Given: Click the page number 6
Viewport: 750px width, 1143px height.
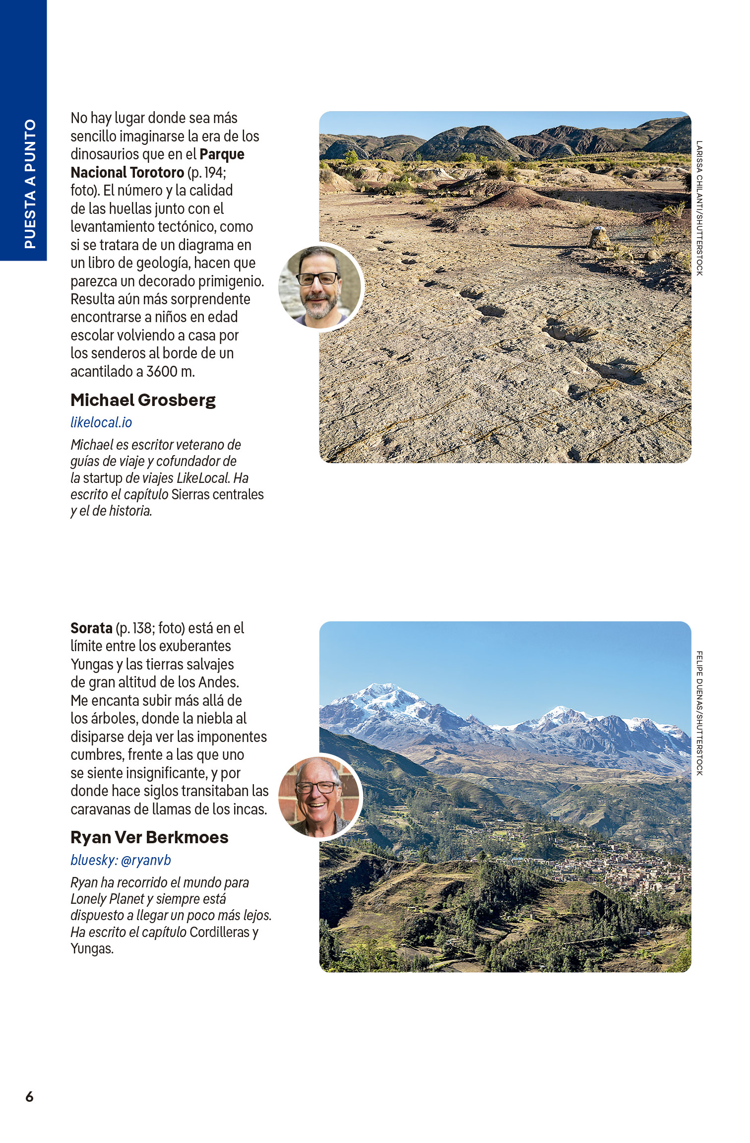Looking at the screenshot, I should (29, 1096).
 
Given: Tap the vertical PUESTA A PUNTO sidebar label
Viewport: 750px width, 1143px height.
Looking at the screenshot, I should (30, 184).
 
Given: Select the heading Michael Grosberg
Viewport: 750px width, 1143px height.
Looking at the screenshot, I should (143, 400).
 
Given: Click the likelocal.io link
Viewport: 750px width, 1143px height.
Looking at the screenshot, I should (101, 422).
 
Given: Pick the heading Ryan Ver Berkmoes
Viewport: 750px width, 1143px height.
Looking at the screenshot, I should (149, 837).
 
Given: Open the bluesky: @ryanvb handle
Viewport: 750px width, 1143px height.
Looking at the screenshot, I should (121, 860).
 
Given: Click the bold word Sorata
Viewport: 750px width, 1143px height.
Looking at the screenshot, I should (91, 628).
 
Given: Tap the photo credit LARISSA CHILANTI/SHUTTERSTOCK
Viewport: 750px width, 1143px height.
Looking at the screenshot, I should (699, 208).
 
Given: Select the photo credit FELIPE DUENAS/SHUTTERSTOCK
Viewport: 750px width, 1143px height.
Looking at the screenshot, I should (699, 713).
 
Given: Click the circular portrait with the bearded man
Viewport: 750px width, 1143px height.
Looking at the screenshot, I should (320, 287).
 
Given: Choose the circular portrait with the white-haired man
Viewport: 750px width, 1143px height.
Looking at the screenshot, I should (320, 797).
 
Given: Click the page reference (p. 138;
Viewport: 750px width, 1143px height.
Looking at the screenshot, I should (135, 628).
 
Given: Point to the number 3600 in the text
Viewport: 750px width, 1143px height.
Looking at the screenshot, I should (162, 372).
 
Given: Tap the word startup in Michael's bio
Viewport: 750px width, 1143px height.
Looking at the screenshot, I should (103, 478).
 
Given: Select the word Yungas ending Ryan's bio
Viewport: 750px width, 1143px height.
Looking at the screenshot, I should (92, 949).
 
